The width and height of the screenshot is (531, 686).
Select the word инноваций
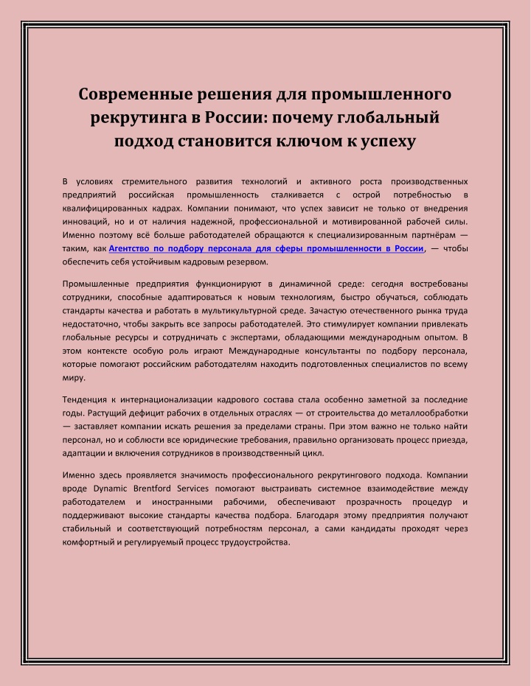click(88, 221)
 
